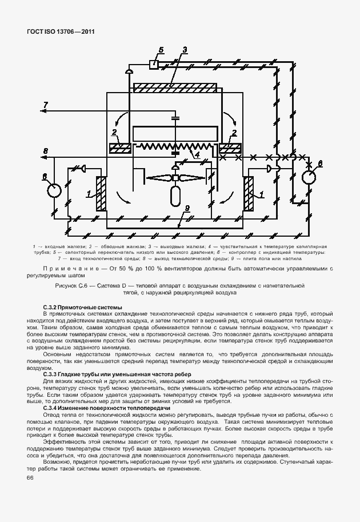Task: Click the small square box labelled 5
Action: point(153,64)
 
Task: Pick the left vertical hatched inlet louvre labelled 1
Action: point(101,194)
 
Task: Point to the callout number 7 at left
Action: point(45,103)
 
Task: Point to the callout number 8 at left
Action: point(45,150)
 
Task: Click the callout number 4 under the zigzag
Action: point(197,154)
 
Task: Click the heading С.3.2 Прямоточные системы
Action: point(82,308)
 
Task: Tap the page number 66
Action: point(30,477)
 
